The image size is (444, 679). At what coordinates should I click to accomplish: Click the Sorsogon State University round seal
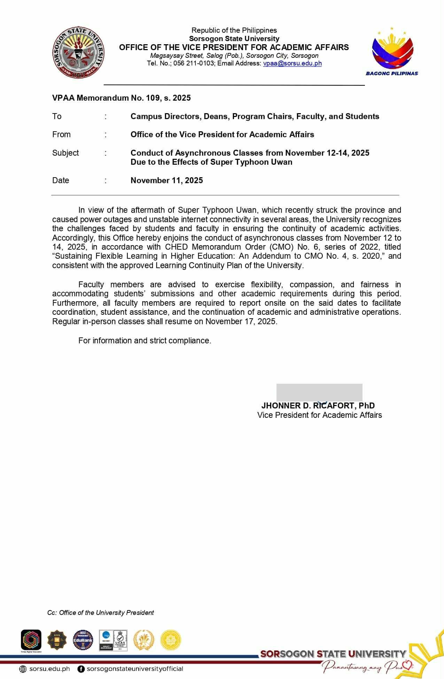click(78, 53)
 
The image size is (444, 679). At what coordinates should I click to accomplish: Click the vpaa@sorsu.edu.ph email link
click(292, 63)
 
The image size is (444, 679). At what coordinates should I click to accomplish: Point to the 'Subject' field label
click(65, 153)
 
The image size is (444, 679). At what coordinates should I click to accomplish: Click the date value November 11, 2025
click(166, 180)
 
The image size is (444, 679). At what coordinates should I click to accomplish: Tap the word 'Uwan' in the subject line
click(282, 162)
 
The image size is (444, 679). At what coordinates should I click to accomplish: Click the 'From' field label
click(61, 134)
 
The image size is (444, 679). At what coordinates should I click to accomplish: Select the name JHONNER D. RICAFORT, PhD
click(318, 406)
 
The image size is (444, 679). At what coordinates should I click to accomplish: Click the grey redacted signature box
click(319, 392)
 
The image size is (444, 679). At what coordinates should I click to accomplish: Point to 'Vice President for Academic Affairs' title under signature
click(319, 415)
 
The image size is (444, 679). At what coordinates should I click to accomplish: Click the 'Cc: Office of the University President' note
click(101, 612)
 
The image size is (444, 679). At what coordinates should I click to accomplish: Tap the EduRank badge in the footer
click(83, 640)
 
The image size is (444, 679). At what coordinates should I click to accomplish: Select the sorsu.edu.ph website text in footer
click(49, 669)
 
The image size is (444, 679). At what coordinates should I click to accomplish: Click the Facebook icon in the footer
click(81, 669)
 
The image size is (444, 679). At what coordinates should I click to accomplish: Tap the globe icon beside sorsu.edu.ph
click(23, 669)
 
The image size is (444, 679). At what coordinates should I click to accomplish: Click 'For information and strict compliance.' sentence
click(145, 341)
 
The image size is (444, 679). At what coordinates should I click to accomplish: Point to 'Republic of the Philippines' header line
click(234, 30)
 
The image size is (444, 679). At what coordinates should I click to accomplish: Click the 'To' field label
click(57, 116)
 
